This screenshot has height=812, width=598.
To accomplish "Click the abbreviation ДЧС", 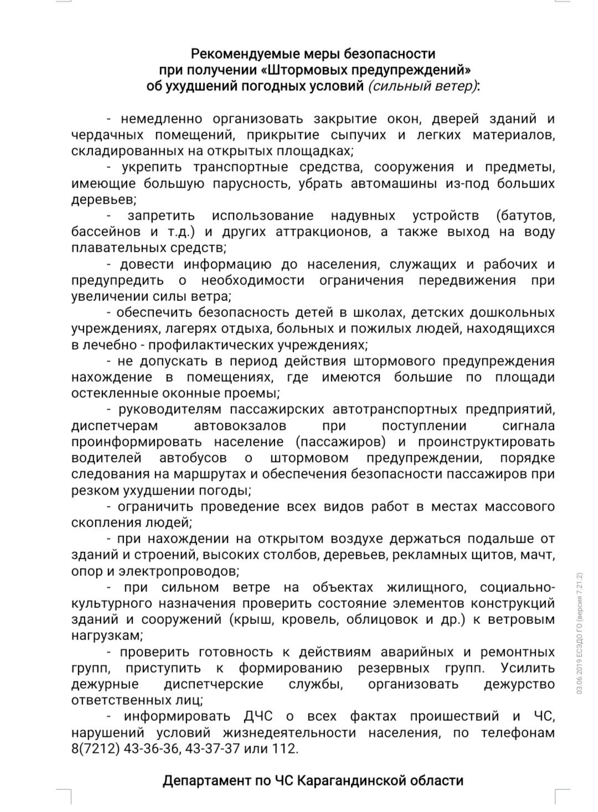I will click(x=258, y=716).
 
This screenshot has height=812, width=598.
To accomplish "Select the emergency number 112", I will click(x=286, y=749).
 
